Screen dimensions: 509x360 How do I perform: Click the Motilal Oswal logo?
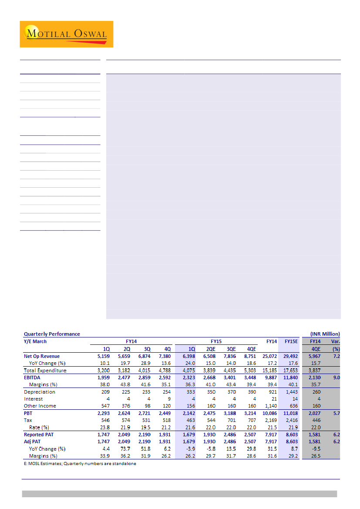[x=66, y=34]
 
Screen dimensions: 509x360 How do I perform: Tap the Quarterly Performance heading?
[x=52, y=334]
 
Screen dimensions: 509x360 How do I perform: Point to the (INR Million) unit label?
[x=325, y=334]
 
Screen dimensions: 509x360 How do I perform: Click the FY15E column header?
[x=291, y=341]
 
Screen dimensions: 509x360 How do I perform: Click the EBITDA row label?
[x=33, y=378]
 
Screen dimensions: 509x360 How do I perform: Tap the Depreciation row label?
[x=40, y=392]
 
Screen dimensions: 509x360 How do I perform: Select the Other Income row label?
[x=40, y=406]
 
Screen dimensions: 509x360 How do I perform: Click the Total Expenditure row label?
[x=45, y=371]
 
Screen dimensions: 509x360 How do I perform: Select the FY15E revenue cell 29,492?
[x=290, y=356]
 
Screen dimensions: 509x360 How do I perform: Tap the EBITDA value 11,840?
[x=290, y=378]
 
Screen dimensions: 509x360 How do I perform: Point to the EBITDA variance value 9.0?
[x=336, y=378]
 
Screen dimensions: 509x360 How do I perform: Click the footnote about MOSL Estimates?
[x=80, y=464]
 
